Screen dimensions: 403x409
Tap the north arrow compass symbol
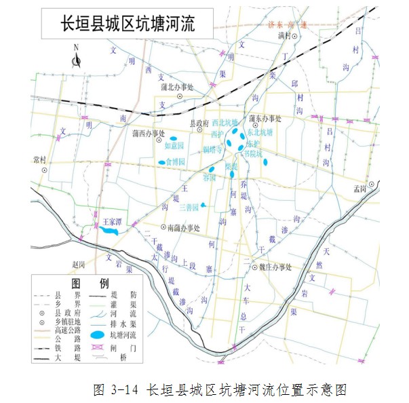click(77, 60)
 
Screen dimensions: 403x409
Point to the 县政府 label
click(198, 123)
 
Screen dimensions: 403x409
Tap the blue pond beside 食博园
click(161, 163)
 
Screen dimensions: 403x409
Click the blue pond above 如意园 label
click(173, 138)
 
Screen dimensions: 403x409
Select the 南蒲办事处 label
click(183, 228)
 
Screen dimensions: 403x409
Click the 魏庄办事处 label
click(275, 267)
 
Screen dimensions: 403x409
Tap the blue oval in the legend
click(99, 335)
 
